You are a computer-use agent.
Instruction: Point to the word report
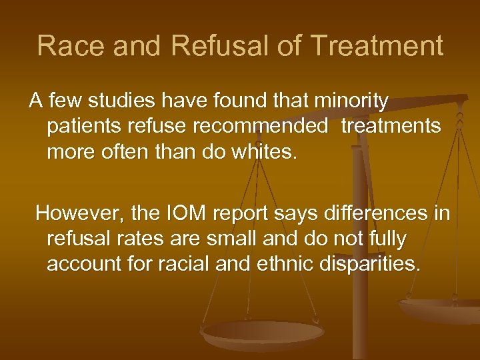click(237, 215)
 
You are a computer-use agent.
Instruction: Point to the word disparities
click(375, 264)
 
